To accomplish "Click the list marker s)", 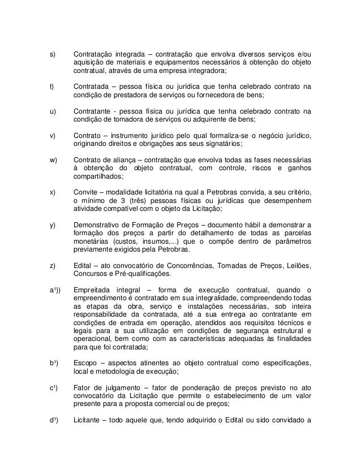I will point(52,54).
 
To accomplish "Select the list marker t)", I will point(52,87).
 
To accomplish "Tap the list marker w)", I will point(53,160).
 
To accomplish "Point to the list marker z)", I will point(52,266).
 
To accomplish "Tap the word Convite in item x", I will point(87,192).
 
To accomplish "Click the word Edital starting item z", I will point(83,266).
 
